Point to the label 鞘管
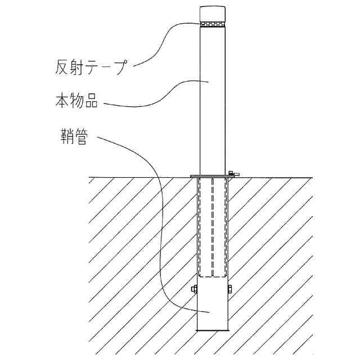[x=74, y=137]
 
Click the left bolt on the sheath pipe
[x=194, y=290]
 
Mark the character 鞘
[x=66, y=137]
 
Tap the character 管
[x=81, y=137]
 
